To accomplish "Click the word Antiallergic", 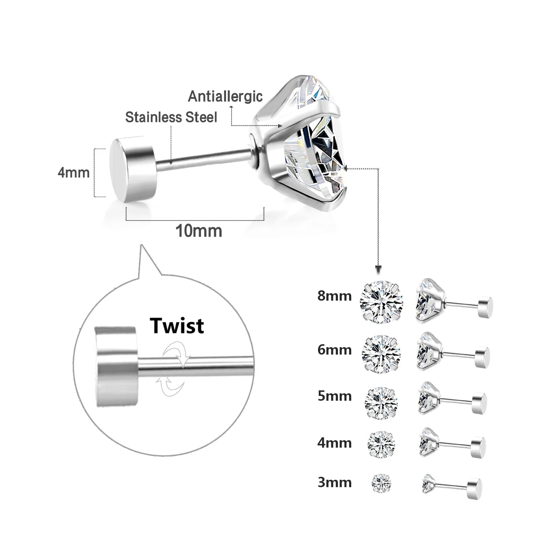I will pos(225,96).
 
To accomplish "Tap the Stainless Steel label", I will pos(171,117).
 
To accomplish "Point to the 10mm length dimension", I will pos(198,231).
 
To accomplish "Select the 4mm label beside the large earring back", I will pos(73,172).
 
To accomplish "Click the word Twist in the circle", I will pos(177,326).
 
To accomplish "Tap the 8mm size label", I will pos(334,296).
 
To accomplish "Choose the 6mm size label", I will pos(334,349).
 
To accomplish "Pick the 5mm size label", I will pos(334,396).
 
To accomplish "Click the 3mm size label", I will pos(334,482).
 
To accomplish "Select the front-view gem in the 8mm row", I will pos(380,303).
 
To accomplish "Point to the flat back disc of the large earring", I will pos(133,170).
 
